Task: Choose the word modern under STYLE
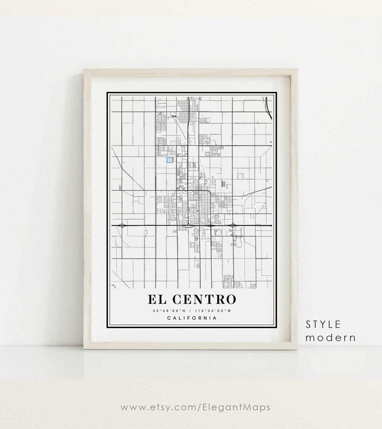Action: pyautogui.click(x=330, y=337)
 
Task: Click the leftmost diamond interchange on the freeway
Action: pyautogui.click(x=122, y=225)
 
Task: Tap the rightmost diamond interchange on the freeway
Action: pyautogui.click(x=233, y=225)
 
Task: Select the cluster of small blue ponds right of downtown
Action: pyautogui.click(x=224, y=183)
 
